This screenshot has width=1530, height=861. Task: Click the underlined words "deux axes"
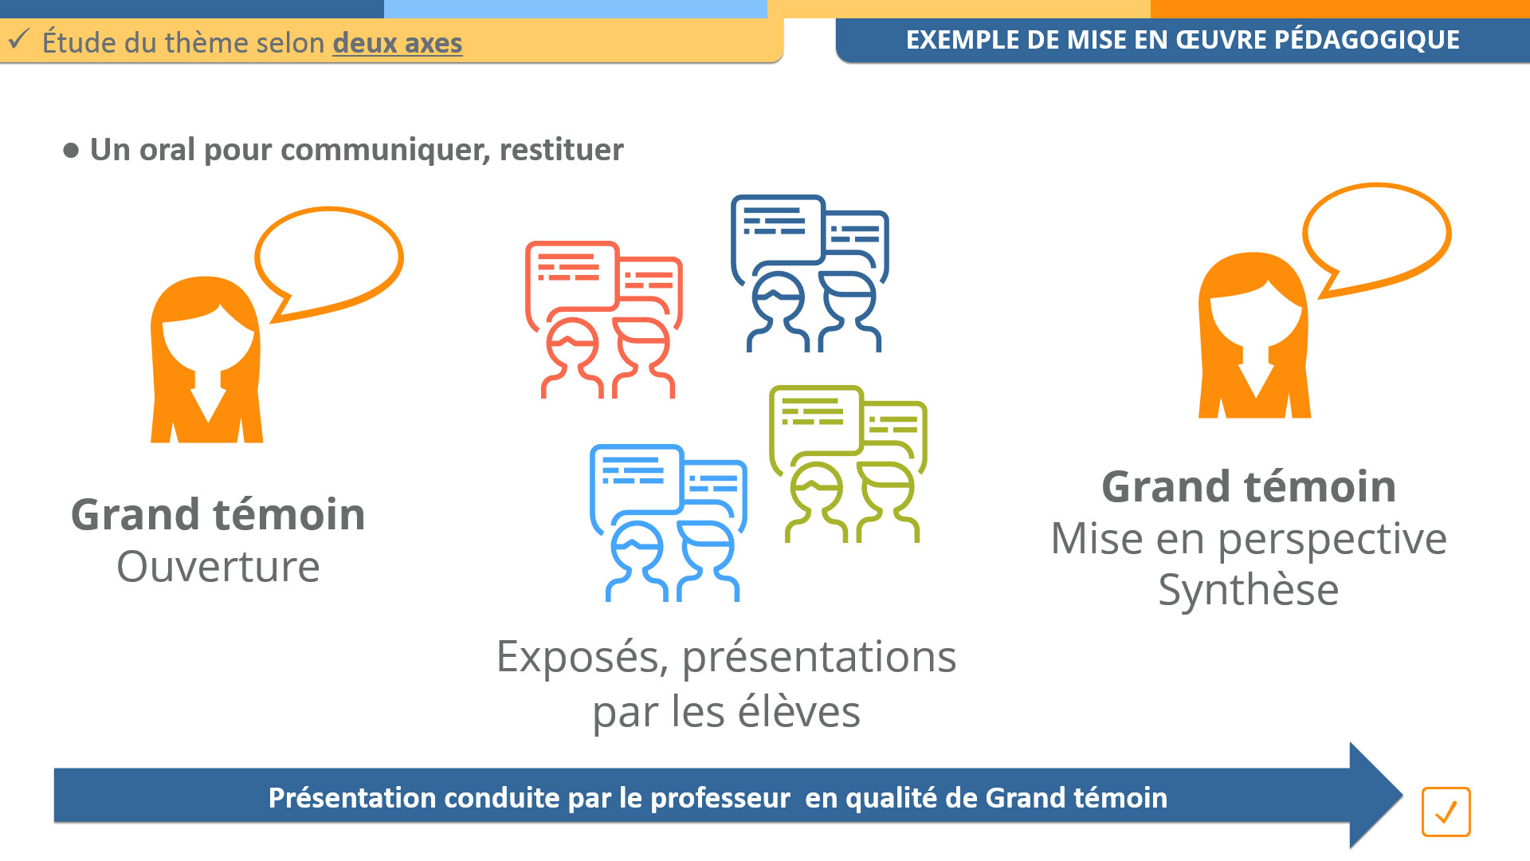click(x=397, y=43)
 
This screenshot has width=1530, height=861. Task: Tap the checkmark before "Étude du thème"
click(x=18, y=38)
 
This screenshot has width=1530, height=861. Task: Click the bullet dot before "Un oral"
click(x=71, y=150)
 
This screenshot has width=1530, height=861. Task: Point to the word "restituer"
click(x=561, y=150)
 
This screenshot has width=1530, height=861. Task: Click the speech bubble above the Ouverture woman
click(x=329, y=258)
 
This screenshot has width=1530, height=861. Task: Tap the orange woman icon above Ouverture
click(x=206, y=360)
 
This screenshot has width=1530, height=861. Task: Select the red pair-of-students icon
click(x=604, y=320)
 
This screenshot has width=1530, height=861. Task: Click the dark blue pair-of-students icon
click(x=810, y=273)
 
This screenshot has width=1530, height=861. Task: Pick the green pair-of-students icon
click(x=848, y=464)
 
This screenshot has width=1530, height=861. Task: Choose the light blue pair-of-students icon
click(x=668, y=523)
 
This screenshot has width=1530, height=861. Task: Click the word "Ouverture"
click(x=218, y=567)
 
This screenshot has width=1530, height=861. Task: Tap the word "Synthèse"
click(x=1249, y=591)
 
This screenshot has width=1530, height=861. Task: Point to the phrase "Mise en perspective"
click(x=1249, y=540)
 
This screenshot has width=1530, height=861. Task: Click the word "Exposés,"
click(x=583, y=658)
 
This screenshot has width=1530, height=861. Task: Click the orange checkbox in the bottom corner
click(x=1446, y=812)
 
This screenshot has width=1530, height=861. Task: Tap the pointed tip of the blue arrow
click(x=1402, y=795)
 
